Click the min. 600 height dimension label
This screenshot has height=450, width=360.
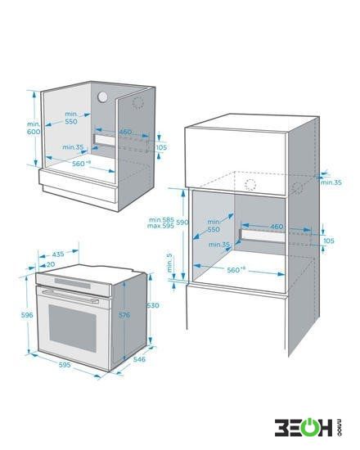[34, 128]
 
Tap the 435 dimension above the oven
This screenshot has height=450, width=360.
[58, 254]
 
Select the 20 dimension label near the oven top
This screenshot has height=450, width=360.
[51, 264]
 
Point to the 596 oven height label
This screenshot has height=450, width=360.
[27, 315]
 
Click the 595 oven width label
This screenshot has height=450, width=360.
[65, 365]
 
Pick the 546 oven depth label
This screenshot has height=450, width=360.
[139, 359]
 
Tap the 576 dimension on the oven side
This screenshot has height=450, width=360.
[124, 315]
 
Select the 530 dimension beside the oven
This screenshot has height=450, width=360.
[153, 305]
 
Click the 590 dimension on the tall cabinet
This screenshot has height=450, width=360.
[182, 222]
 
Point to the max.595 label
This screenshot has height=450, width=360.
[160, 226]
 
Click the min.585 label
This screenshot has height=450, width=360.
[162, 220]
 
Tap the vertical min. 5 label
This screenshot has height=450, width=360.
[169, 263]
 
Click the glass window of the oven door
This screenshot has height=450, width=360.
[73, 328]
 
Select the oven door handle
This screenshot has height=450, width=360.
[70, 296]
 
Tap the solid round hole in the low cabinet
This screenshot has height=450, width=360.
[102, 97]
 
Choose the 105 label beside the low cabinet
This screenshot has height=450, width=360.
[161, 147]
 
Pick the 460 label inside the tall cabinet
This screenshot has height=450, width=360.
[277, 227]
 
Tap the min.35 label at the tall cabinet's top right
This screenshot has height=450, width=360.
[331, 182]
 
